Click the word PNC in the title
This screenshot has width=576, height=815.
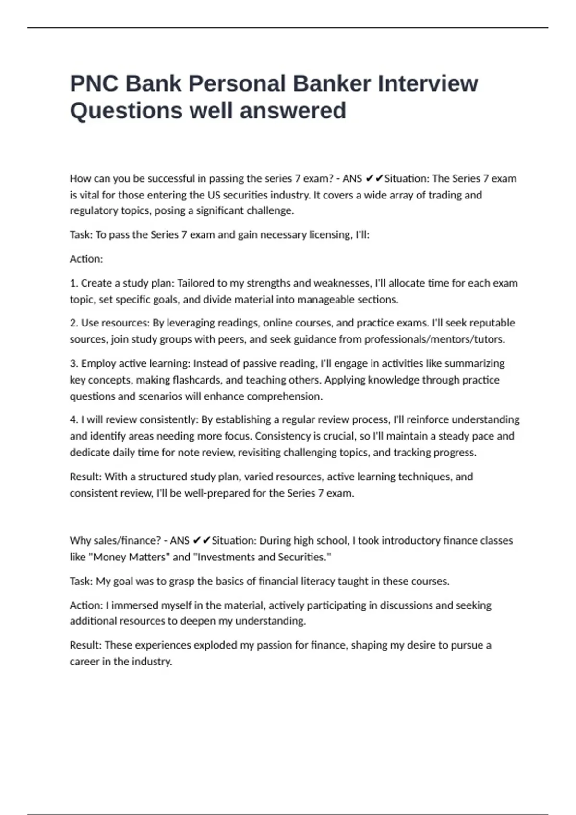click(x=94, y=83)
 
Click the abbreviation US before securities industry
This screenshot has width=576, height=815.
click(x=214, y=195)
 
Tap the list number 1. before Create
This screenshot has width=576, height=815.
click(x=74, y=283)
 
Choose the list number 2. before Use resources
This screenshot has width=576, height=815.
click(x=74, y=323)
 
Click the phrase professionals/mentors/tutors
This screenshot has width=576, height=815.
click(x=434, y=339)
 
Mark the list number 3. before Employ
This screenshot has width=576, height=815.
click(x=74, y=363)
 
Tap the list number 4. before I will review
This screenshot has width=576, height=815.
click(x=74, y=420)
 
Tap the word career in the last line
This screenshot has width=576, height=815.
click(x=84, y=662)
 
